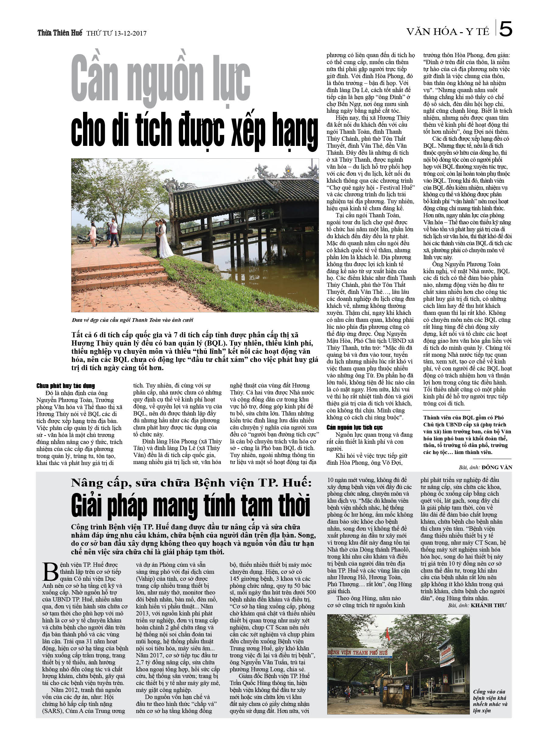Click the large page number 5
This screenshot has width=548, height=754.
pos(505,29)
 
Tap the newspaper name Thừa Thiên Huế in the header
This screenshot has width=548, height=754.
pos(60,33)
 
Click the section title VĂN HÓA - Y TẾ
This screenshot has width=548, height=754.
pos(448,32)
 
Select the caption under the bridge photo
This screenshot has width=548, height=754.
pos(132,320)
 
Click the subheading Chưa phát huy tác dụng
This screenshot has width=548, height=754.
pos(66,386)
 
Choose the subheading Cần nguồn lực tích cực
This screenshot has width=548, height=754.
pos(354,427)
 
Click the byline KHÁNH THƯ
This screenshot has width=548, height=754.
pos(488,605)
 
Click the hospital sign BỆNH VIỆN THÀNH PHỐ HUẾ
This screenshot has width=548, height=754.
pos(360,652)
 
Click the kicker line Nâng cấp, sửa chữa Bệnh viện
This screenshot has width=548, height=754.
pos(191,483)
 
